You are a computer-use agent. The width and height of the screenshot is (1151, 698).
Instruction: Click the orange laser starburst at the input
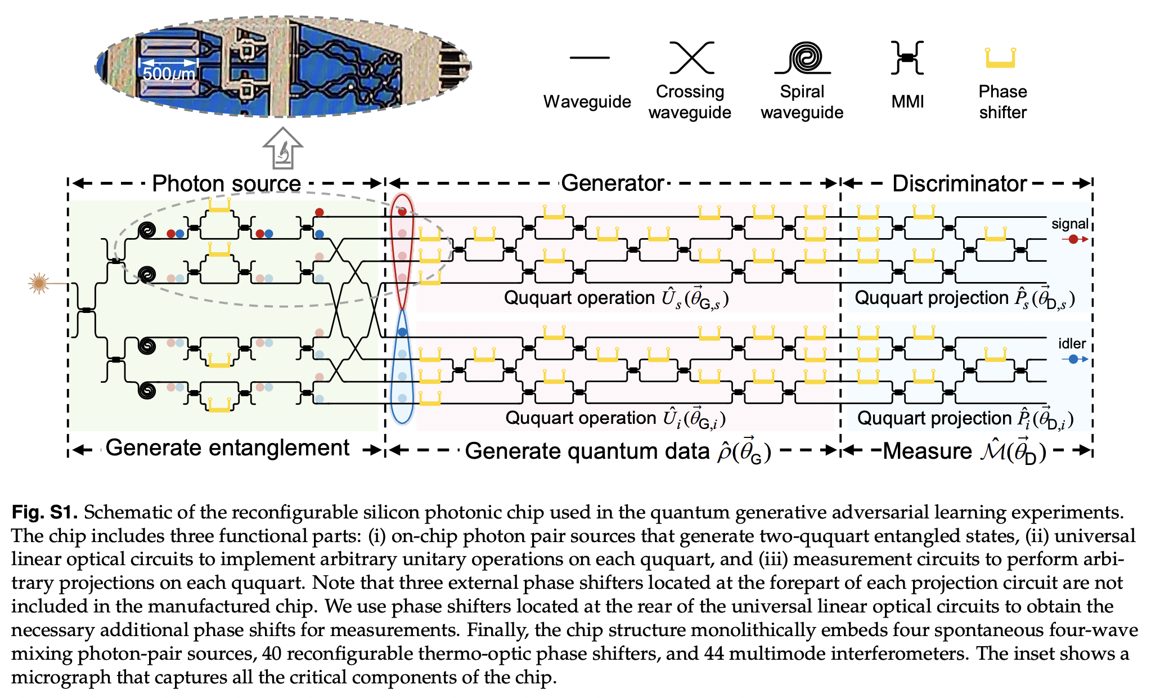[x=38, y=283]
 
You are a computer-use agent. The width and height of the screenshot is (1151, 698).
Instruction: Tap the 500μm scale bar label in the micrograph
[x=168, y=74]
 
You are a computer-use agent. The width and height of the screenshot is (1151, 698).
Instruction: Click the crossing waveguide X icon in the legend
[x=692, y=57]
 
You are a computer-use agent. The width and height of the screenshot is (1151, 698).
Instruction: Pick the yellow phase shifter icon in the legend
[x=1000, y=58]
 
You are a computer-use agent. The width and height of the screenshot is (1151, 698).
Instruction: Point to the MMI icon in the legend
[x=907, y=57]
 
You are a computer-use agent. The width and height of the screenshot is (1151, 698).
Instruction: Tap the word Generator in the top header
[x=613, y=184]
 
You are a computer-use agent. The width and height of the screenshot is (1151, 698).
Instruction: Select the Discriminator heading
[x=959, y=184]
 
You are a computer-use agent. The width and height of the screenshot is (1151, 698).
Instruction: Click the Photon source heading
[x=226, y=184]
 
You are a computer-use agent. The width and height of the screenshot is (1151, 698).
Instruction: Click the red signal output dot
[x=1073, y=239]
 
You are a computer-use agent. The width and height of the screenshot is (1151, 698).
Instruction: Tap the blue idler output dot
[x=1073, y=359]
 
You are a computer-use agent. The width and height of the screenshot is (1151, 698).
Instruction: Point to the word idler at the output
[x=1072, y=343]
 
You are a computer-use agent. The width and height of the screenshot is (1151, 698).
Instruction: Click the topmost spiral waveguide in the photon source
[x=147, y=230]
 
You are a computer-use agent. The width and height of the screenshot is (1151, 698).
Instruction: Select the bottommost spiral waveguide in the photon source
[x=147, y=390]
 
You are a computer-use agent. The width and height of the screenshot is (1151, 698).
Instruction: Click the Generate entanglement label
[x=227, y=448]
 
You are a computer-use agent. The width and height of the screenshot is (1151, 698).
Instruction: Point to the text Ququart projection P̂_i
[x=965, y=418]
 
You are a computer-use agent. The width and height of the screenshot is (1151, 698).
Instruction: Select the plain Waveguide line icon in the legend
[x=589, y=57]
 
